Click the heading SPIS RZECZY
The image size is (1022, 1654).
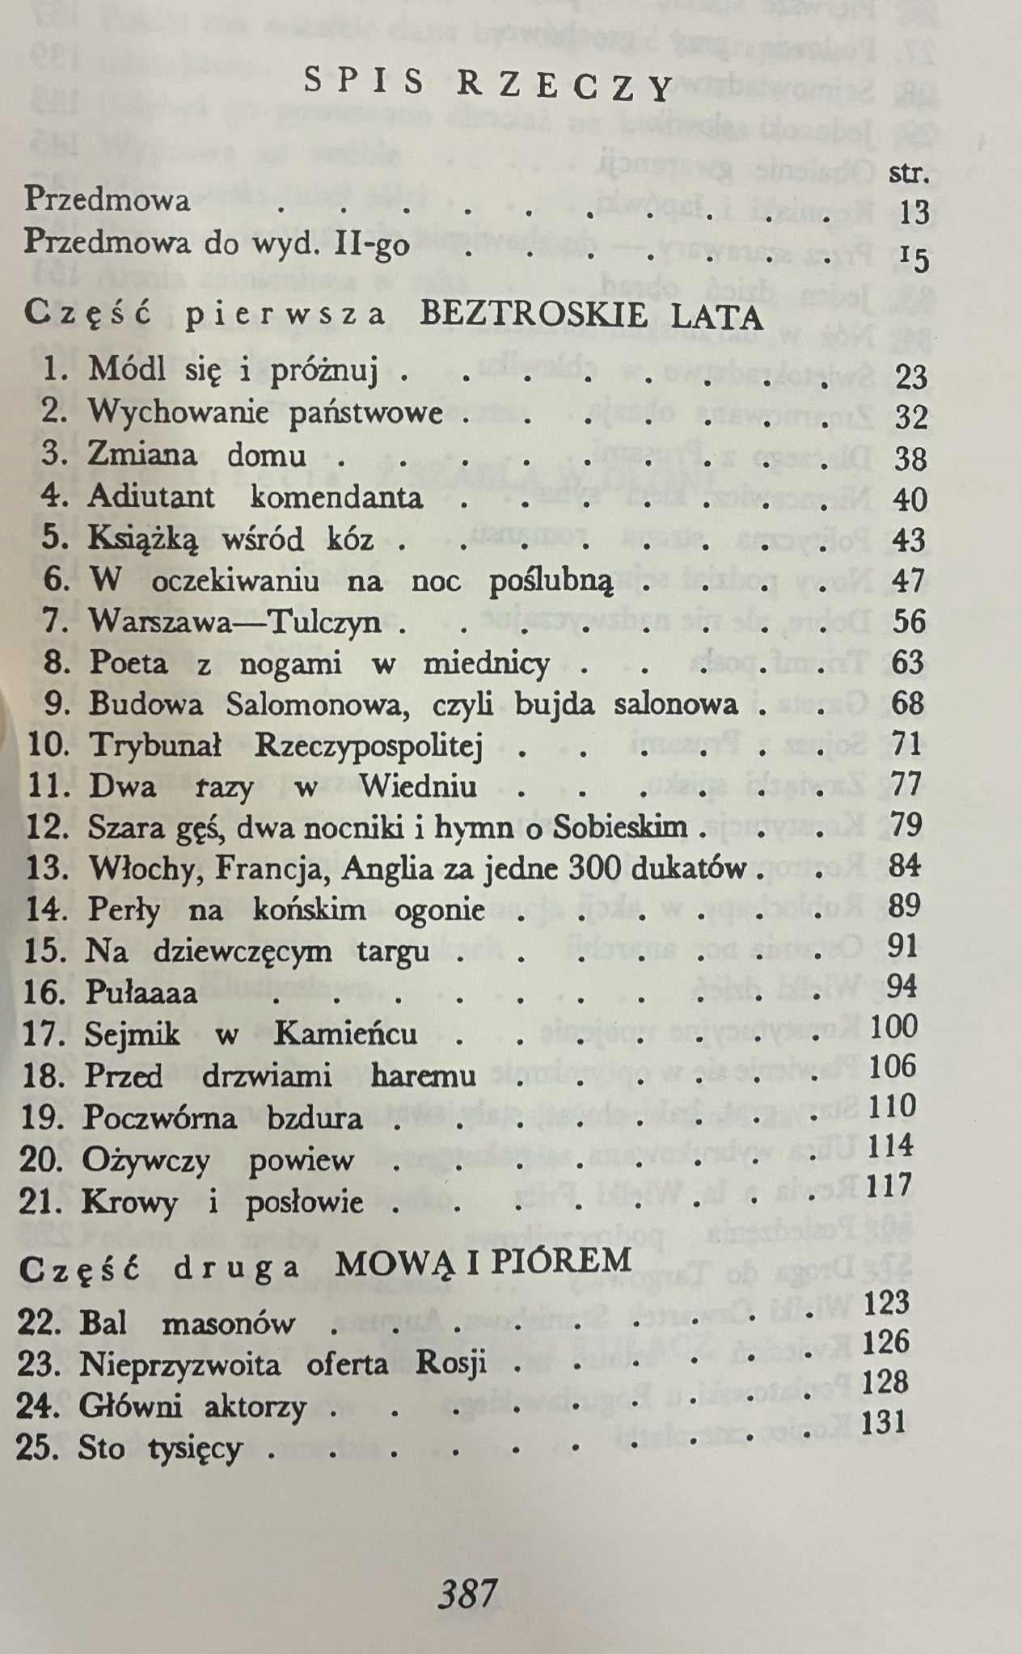point(489,85)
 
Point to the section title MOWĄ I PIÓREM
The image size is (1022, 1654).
point(483,1262)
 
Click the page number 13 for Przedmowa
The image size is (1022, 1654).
point(914,213)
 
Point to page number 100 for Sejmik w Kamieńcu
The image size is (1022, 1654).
point(893,1027)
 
